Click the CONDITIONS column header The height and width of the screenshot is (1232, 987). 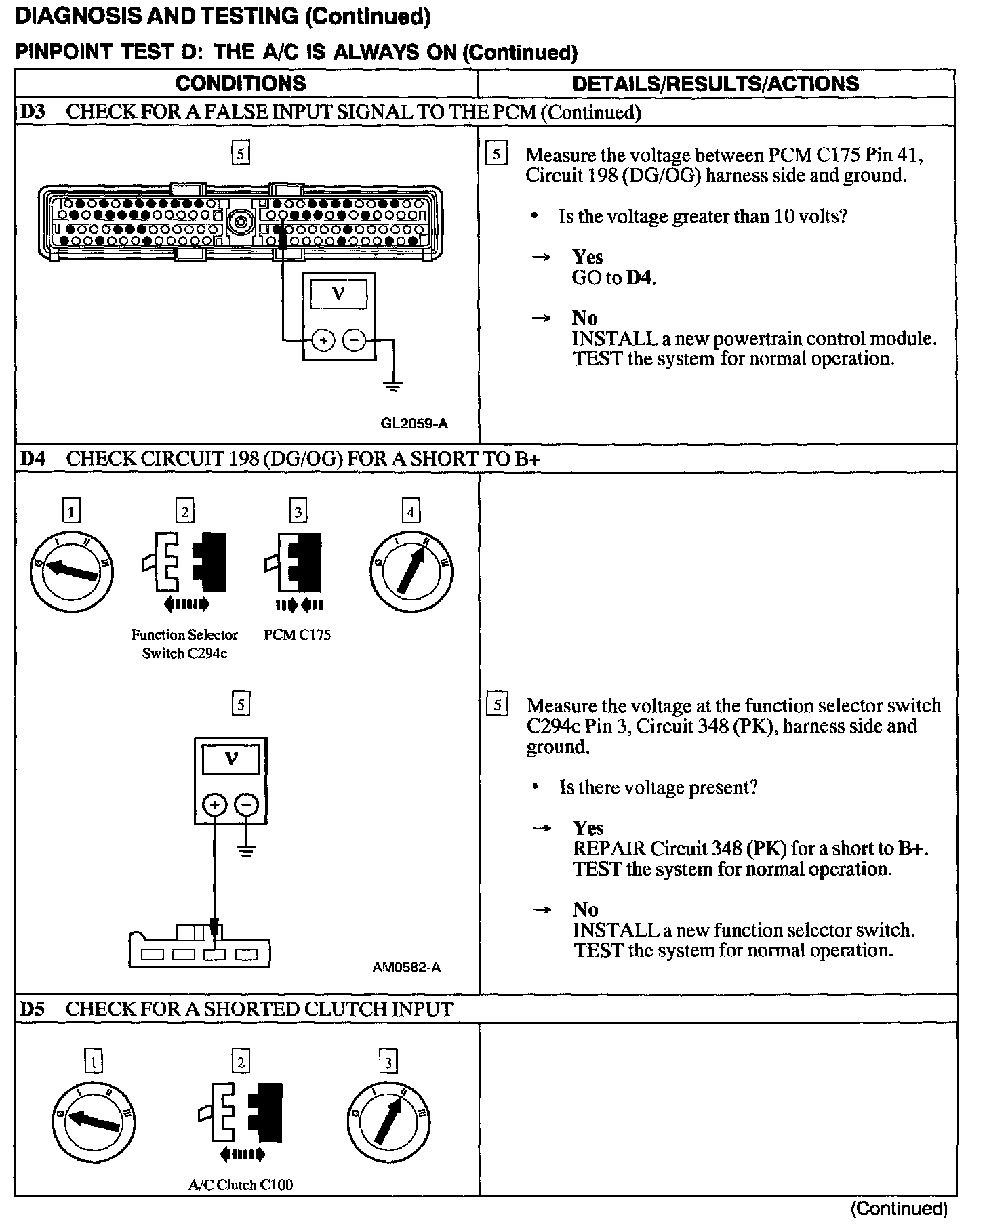coord(241,83)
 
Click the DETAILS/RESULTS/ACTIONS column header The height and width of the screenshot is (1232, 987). coord(715,83)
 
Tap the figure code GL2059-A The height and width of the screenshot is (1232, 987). coord(414,424)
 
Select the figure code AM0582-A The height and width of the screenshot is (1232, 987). coord(406,967)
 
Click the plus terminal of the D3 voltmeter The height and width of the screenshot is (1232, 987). coord(323,340)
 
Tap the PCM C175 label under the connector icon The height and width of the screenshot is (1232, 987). coord(297,635)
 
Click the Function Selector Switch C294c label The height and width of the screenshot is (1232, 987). coord(184,644)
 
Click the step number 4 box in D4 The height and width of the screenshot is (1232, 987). coord(411,511)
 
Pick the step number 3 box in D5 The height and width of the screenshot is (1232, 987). coord(388,1062)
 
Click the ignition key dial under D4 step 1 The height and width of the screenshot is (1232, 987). coord(72,571)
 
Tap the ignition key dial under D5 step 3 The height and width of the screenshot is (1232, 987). coord(388,1120)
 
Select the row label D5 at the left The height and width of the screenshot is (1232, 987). coord(32,1009)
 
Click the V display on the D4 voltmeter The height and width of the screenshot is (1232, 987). coord(230,759)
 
